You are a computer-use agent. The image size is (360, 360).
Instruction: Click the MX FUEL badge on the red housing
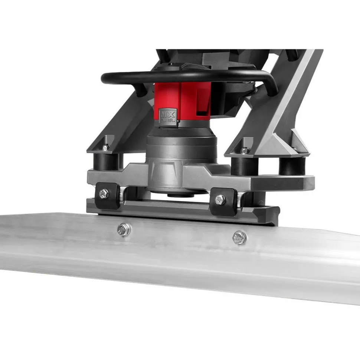pos(168,116)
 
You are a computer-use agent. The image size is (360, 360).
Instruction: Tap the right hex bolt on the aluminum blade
pos(239,238)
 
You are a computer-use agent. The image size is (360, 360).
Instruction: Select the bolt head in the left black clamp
pos(104,194)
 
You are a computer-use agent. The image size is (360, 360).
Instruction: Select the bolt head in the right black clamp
pos(220,200)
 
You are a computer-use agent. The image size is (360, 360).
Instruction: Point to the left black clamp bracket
pos(107,196)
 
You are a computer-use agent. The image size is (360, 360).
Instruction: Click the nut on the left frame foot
pos(106,147)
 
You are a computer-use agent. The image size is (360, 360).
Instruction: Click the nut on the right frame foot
pos(244,151)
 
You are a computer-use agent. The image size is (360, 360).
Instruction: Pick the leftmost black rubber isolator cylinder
pos(106,162)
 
